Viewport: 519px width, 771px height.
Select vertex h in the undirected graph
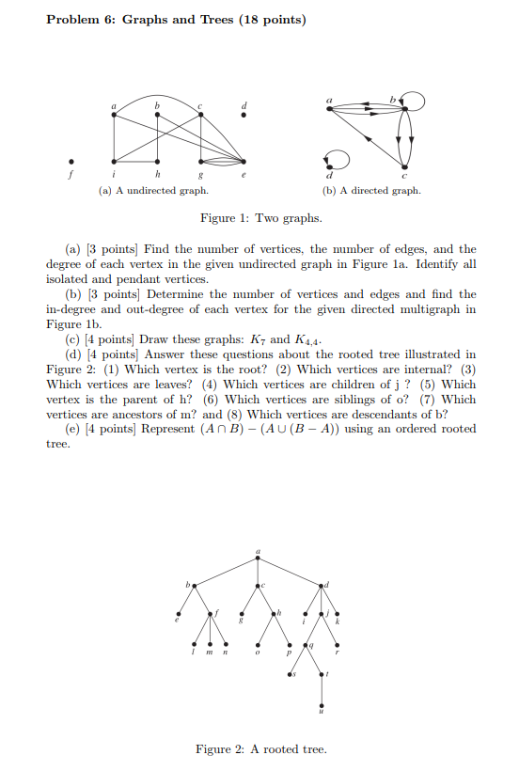[x=158, y=160]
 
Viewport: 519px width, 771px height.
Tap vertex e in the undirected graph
[x=245, y=160]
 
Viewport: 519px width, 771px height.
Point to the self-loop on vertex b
[x=416, y=102]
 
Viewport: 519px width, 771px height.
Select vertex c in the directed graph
[x=405, y=160]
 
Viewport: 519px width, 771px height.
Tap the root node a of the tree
[x=259, y=559]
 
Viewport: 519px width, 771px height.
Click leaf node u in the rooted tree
[x=323, y=707]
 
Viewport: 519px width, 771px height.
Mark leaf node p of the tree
[x=289, y=645]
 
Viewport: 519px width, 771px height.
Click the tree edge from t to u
[x=323, y=691]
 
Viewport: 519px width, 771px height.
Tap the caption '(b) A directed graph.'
[x=370, y=190]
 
